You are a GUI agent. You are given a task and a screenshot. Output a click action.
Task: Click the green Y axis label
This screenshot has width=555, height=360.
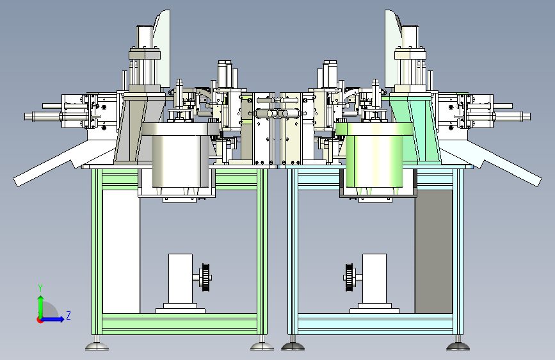point(40,288)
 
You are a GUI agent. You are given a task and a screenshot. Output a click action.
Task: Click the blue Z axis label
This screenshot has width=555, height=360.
point(68,315)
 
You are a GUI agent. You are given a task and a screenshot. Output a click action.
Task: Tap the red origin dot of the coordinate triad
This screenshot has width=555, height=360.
point(40,320)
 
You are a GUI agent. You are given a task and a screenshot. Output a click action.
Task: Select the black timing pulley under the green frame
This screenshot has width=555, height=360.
point(205,277)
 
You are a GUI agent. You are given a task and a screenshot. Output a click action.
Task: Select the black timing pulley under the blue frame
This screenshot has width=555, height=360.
point(349,277)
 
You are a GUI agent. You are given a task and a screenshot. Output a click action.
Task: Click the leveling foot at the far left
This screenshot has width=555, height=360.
point(97,345)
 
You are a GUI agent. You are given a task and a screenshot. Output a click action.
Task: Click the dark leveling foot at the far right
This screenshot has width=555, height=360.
point(458,345)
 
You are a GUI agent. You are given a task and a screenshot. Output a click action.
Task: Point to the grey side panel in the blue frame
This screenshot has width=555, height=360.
point(433,252)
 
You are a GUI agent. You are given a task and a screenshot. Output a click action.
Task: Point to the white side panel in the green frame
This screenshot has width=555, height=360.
point(121,252)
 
